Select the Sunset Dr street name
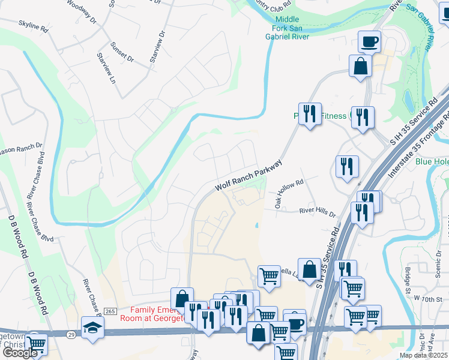click(x=122, y=52)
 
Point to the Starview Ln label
click(x=106, y=67)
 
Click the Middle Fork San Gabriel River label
click(x=287, y=28)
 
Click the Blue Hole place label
click(x=432, y=161)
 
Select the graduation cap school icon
click(x=92, y=328)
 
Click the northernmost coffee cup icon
click(x=370, y=42)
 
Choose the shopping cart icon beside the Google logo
click(x=36, y=344)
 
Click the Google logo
click(x=19, y=353)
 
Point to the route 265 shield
click(x=109, y=311)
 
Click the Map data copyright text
click(x=423, y=355)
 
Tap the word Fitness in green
click(x=333, y=116)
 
